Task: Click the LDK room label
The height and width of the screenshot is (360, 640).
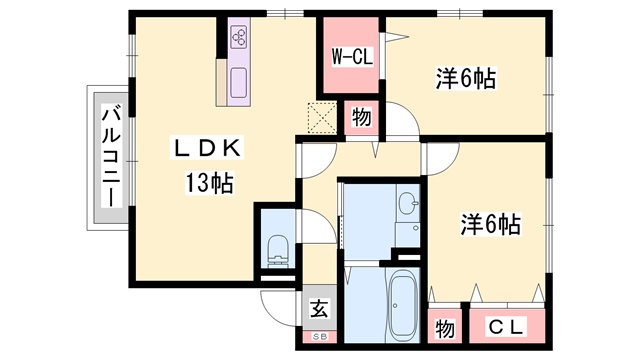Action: (x=207, y=148)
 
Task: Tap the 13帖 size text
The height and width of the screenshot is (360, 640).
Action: (x=209, y=183)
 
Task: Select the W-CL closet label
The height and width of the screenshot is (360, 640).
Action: (x=352, y=57)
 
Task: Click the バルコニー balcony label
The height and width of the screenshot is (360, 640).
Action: (x=112, y=157)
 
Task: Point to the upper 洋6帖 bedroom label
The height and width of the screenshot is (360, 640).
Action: (x=466, y=78)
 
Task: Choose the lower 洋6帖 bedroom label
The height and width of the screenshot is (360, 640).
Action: (x=490, y=224)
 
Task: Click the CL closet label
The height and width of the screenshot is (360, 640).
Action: (x=506, y=327)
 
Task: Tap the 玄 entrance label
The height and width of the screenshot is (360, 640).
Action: (x=319, y=309)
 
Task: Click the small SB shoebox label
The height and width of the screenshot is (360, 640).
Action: (x=319, y=337)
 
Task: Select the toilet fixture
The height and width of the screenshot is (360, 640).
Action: (x=278, y=251)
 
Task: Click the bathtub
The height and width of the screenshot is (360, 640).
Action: (x=402, y=305)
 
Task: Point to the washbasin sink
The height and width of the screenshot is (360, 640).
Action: (x=408, y=202)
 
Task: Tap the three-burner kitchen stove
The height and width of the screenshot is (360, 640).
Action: (x=239, y=36)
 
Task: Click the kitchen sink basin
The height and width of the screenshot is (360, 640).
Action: (x=239, y=82)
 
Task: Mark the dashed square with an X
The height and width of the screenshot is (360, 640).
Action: (x=322, y=118)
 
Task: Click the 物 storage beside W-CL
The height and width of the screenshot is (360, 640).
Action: (x=361, y=118)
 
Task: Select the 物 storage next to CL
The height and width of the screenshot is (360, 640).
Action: (x=444, y=328)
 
